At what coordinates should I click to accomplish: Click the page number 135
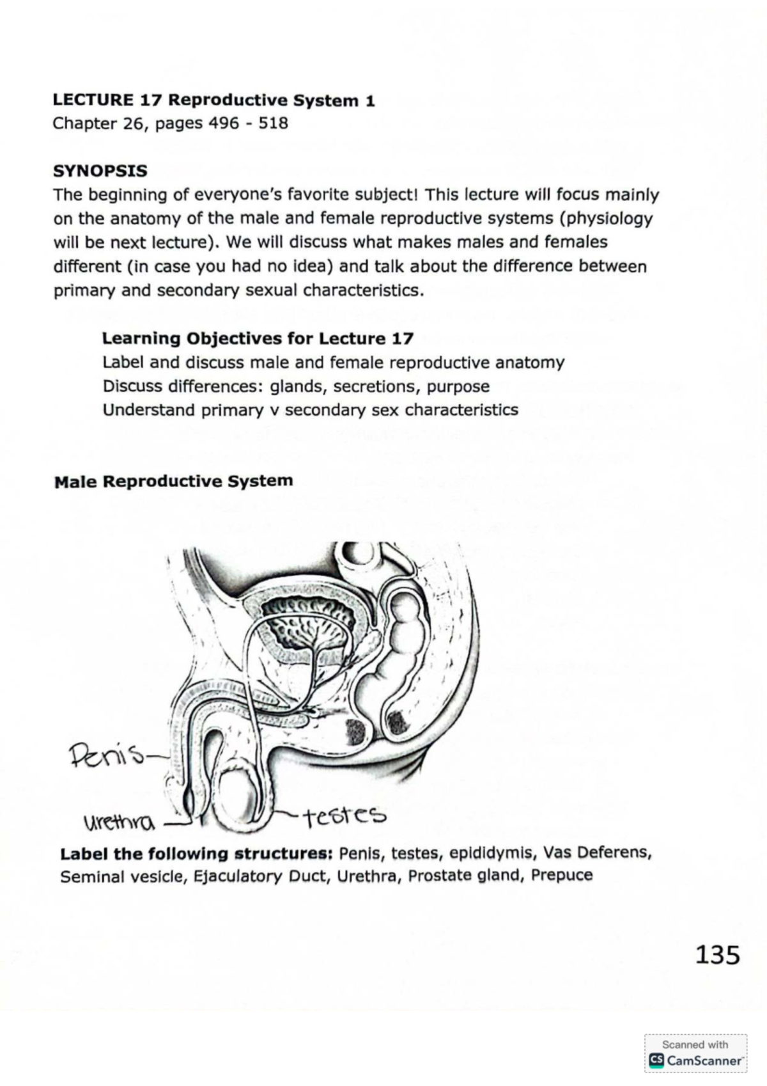pos(717,955)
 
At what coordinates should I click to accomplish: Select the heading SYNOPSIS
pos(100,171)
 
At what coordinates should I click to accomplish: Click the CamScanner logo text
pos(704,1060)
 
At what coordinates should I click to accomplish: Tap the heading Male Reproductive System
pos(174,481)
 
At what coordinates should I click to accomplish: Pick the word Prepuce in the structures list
pos(564,875)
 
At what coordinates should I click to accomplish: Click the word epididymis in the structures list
pos(486,854)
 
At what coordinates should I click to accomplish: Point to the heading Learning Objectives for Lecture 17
pos(258,338)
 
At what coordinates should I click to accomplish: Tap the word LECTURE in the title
pos(93,100)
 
